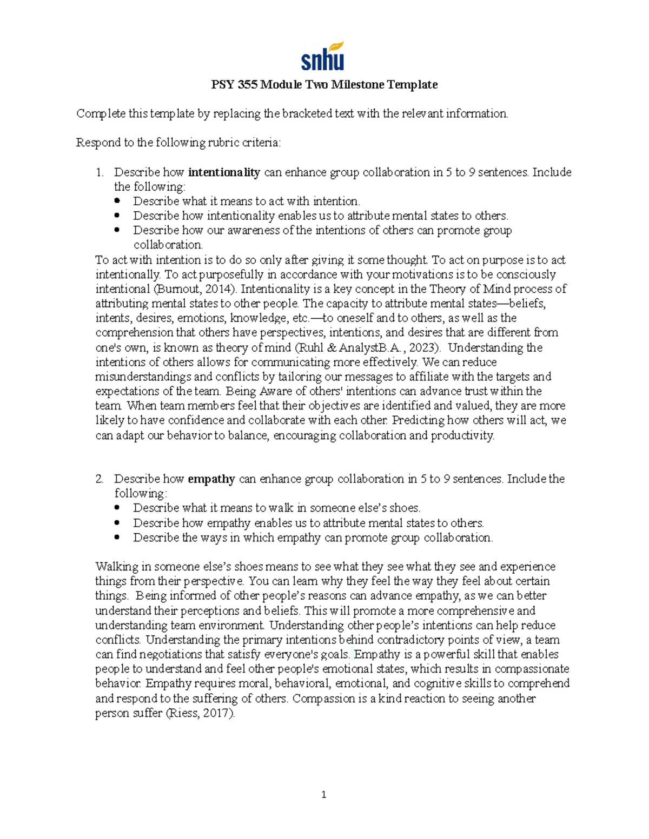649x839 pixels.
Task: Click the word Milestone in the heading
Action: [357, 84]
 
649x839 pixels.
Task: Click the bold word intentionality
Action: [224, 172]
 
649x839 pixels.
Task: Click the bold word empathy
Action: [211, 479]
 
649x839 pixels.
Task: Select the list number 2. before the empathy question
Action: [100, 479]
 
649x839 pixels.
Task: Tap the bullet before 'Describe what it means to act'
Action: [118, 201]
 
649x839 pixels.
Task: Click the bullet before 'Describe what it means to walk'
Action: [118, 508]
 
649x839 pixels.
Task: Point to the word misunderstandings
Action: [143, 377]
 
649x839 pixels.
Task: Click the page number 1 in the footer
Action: [323, 794]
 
